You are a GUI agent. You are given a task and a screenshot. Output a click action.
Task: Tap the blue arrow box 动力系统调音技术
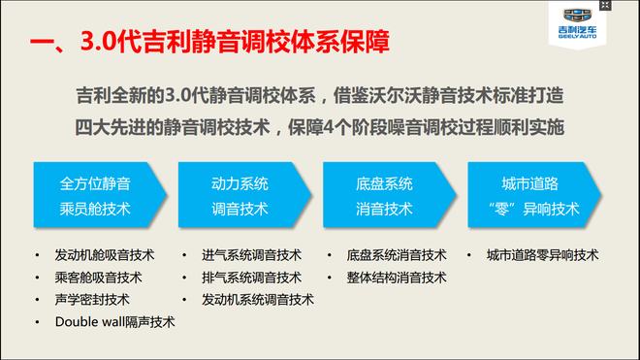240,195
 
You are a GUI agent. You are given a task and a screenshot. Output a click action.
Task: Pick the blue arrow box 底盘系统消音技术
385,195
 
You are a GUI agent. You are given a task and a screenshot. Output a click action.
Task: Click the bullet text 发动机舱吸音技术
105,255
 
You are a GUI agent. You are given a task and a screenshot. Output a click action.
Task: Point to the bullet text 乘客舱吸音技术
98,278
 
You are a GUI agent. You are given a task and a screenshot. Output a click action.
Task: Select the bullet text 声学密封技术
91,299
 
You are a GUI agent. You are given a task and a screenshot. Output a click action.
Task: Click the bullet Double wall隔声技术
115,321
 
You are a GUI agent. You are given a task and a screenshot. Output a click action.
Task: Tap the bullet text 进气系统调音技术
251,255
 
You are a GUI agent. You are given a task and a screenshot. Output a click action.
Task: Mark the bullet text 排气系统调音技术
251,278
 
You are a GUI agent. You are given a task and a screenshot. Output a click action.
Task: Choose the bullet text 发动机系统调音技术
258,299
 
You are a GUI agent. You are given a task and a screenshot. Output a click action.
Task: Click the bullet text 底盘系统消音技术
396,255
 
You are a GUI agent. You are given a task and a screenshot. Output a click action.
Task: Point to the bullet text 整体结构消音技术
396,278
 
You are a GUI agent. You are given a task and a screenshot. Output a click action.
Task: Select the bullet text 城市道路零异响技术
543,255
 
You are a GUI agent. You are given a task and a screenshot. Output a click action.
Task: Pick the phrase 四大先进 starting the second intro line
107,126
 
